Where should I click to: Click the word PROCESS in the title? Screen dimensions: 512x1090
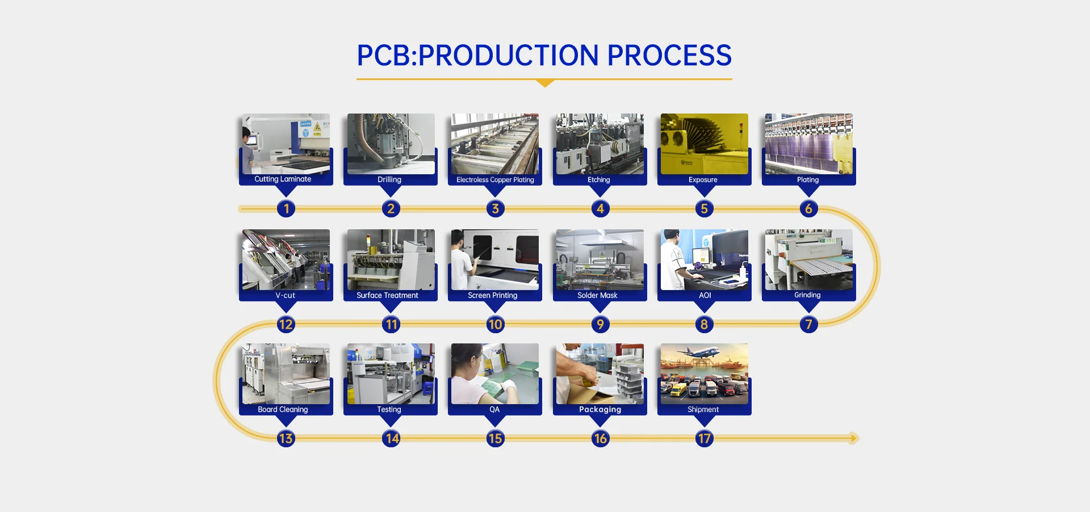[669, 56]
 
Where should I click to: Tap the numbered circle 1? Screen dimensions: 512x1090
[286, 209]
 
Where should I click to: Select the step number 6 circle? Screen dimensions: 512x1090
[808, 209]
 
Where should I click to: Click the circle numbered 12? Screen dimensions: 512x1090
[286, 325]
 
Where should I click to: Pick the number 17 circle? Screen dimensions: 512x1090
[704, 439]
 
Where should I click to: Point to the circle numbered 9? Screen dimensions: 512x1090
[600, 325]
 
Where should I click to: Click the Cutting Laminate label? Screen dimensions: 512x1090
[283, 179]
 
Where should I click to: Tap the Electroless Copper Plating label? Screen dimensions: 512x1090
[495, 180]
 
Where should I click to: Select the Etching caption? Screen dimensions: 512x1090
[599, 180]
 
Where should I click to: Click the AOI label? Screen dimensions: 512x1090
[705, 296]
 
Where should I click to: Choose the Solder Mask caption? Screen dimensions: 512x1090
[597, 296]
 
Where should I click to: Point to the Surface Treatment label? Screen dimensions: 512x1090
[387, 296]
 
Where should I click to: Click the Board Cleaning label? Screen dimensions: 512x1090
[283, 410]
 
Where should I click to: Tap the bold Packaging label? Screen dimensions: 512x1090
[600, 410]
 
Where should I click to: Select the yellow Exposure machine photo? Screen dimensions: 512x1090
[704, 143]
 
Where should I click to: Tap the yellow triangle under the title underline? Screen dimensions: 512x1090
[545, 83]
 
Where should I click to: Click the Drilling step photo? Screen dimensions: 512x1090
[391, 143]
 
